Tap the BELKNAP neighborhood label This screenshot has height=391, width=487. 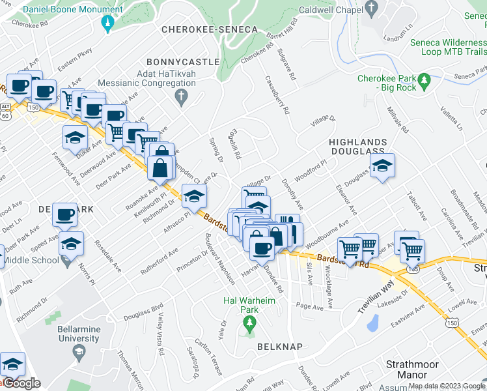coord(279,347)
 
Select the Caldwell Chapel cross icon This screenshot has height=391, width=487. coord(372,10)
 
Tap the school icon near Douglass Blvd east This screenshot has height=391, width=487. coord(383,166)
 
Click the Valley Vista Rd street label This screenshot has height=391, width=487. coord(161,329)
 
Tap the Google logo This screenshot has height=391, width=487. coord(21,383)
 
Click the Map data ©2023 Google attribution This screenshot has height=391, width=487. coord(447,386)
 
